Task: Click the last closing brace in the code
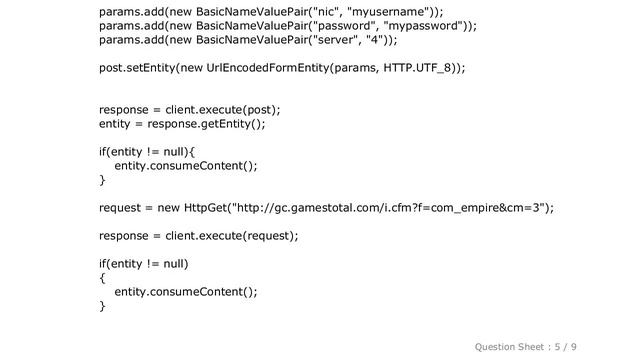pos(103,305)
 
